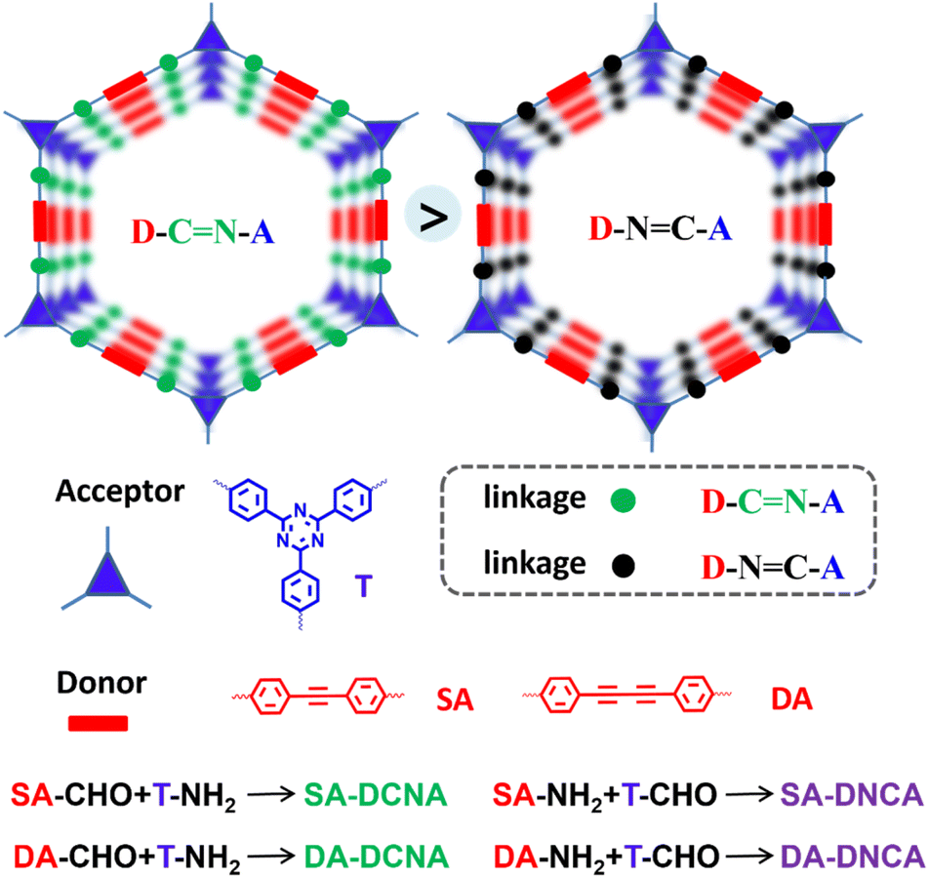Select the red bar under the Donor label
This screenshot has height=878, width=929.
click(x=97, y=723)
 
